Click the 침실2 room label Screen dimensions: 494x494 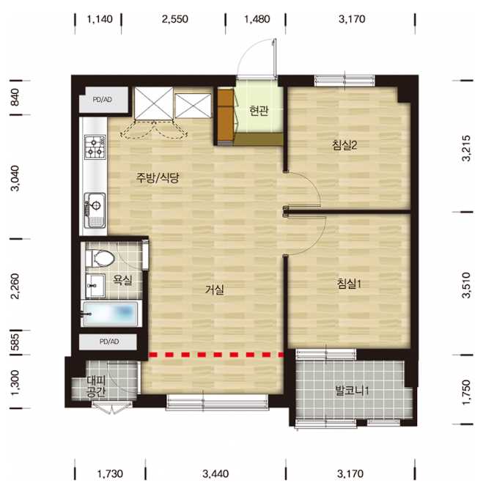point(344,145)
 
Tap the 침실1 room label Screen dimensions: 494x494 point(349,284)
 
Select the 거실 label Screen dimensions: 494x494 point(215,290)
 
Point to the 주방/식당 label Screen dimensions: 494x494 point(158,178)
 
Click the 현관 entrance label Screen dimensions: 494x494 point(259,111)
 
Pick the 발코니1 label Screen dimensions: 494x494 point(352,391)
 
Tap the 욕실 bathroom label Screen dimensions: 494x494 point(123,280)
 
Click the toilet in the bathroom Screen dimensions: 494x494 point(100,258)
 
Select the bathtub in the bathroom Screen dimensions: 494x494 point(109,314)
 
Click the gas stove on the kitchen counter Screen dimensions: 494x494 point(95,147)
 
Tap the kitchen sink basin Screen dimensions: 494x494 point(95,210)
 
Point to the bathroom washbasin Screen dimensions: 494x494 point(95,285)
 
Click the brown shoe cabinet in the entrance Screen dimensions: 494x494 point(226,116)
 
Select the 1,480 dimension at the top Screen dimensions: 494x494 point(257,19)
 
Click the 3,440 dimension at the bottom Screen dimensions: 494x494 point(215,473)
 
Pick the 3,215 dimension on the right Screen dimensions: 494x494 point(466,148)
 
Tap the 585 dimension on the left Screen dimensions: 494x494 point(15,342)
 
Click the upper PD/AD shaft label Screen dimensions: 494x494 point(103,100)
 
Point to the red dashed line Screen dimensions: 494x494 point(216,355)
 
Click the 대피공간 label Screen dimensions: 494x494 point(97,386)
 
